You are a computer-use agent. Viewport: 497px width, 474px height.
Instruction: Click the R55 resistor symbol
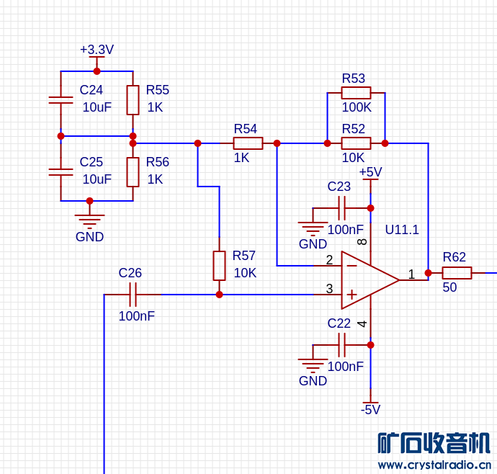133,100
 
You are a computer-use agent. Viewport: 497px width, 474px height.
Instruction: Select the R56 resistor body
133,172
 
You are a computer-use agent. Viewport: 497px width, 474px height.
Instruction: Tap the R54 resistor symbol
248,143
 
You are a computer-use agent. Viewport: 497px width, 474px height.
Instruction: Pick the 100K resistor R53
356,93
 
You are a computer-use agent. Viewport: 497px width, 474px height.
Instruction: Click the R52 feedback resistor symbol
356,143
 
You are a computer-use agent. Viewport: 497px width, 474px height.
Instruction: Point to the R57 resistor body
219,266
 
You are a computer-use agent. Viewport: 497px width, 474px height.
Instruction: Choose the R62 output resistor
457,273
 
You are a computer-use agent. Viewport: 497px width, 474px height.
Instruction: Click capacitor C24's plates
61,100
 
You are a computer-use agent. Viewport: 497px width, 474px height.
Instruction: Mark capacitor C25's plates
61,172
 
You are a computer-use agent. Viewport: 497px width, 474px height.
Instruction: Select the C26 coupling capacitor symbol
133,295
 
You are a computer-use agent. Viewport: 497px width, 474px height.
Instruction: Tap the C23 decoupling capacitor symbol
341,208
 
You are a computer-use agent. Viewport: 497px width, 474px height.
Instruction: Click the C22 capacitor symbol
341,345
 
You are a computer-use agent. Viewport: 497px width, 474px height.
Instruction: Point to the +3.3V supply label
97,50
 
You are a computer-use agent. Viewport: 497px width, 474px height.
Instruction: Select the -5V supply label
370,410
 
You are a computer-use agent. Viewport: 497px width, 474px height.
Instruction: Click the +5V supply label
370,172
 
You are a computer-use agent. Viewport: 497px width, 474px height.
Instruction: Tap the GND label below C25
89,237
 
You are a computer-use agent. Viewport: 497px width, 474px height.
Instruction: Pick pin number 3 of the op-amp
329,289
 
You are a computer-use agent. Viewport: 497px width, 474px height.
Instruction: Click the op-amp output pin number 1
411,274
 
